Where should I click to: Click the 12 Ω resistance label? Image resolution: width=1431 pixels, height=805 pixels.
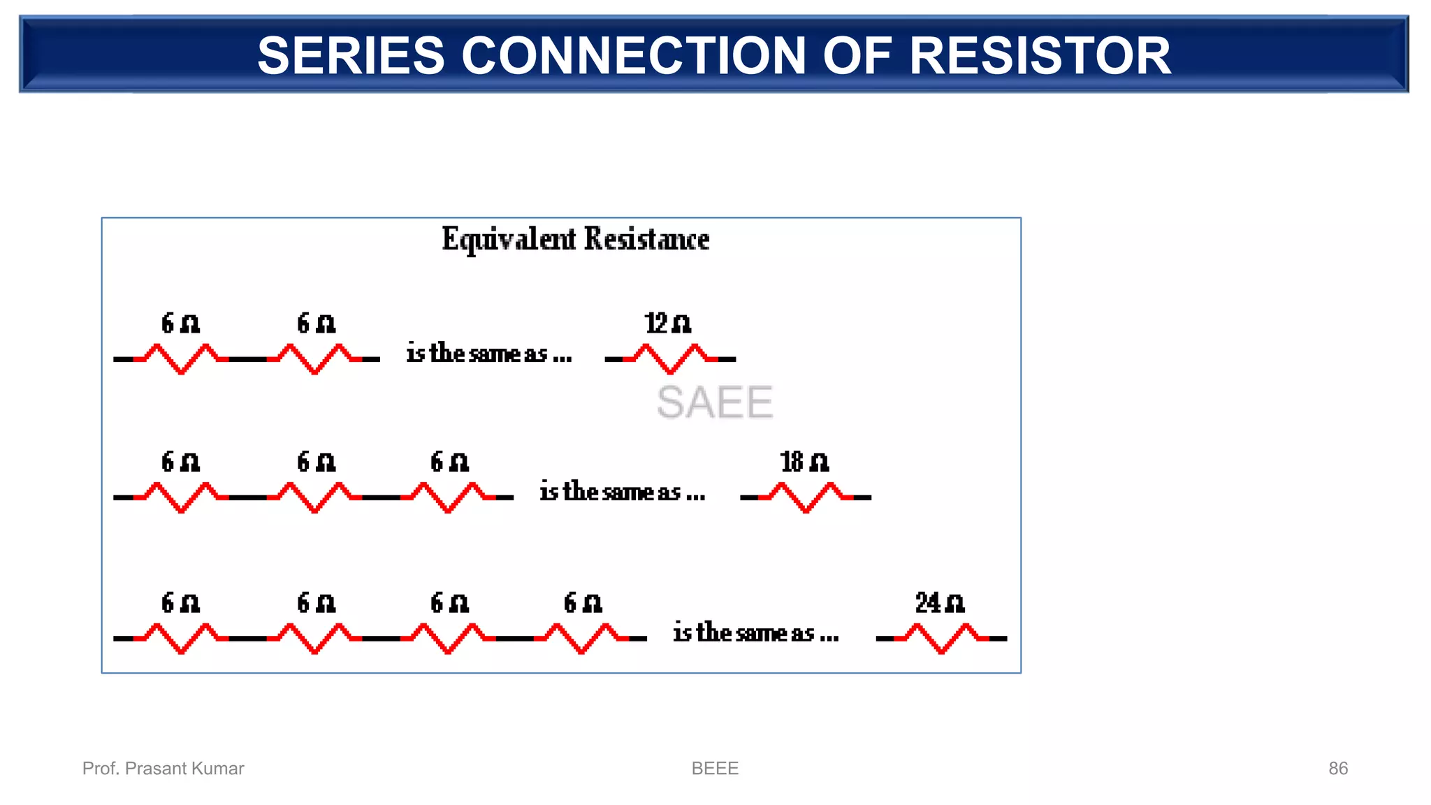coord(667,324)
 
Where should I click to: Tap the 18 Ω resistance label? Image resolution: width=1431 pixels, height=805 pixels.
coord(804,462)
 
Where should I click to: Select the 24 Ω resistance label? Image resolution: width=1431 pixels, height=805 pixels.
coord(940,602)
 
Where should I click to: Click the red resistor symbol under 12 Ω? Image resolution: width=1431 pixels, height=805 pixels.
coord(671,358)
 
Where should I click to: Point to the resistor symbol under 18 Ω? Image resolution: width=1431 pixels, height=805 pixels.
coord(806,497)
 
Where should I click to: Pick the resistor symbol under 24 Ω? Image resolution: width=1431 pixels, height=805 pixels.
coord(941,638)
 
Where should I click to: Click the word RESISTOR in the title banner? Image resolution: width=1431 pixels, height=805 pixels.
coord(1040,56)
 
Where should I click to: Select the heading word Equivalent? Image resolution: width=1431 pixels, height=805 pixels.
coord(509,240)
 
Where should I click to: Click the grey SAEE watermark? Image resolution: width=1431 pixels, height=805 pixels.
coord(714,402)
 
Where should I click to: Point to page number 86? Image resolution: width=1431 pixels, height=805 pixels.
coord(1337,768)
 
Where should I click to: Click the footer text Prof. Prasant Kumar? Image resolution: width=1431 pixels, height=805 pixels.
coord(163,768)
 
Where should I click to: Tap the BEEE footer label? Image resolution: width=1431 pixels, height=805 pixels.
coord(714,768)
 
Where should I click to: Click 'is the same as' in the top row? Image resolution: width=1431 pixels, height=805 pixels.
coord(489,354)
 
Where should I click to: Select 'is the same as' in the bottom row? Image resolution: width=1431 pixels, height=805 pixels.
coord(755,633)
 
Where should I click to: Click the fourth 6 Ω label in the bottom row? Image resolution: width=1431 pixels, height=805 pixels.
coord(583,602)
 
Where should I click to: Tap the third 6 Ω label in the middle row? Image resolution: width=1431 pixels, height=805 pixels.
coord(449,462)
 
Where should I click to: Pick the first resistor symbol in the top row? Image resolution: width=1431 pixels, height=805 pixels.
coord(181,358)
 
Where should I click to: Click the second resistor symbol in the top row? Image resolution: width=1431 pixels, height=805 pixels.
coord(314,358)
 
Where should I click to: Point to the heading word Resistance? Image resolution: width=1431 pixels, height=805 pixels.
coord(646,240)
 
